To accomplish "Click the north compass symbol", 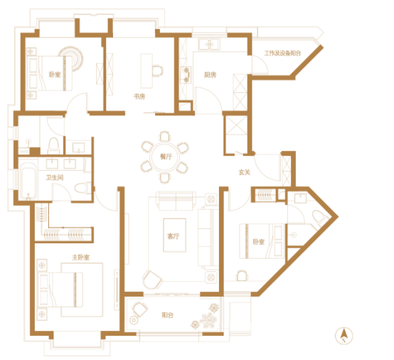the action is [x=344, y=336].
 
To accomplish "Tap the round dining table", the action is [x=164, y=157].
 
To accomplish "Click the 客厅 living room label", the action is [x=174, y=236].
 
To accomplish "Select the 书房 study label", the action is [x=139, y=96].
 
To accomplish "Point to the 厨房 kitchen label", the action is [x=210, y=75].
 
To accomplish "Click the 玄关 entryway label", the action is [x=245, y=172].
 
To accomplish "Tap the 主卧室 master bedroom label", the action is [x=81, y=257].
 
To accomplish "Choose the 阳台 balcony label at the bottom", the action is [x=168, y=315].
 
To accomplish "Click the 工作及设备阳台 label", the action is [x=282, y=53].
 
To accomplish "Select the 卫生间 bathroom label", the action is [x=55, y=177].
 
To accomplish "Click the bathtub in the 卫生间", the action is [x=28, y=181].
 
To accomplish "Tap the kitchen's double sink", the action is [x=209, y=44].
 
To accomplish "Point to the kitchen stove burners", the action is [x=186, y=75].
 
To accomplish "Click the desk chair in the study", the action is [x=158, y=70].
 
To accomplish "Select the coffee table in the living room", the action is [x=175, y=235].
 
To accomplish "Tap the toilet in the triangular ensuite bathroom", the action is [x=319, y=217].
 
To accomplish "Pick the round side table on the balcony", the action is [x=134, y=320].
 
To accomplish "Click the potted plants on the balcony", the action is [x=206, y=317].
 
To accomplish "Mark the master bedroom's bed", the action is [x=60, y=290].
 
